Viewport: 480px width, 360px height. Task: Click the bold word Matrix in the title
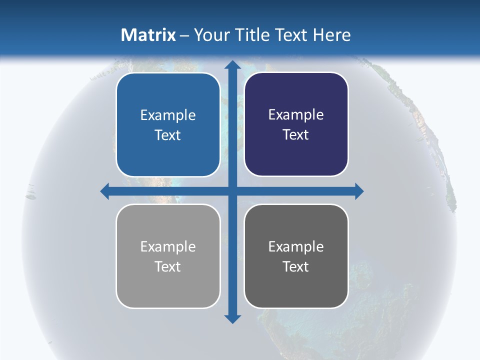pyautogui.click(x=148, y=35)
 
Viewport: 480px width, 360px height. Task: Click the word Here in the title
pyautogui.click(x=332, y=35)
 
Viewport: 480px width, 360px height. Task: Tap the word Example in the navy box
pyautogui.click(x=296, y=115)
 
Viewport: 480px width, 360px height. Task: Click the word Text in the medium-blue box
pyautogui.click(x=168, y=135)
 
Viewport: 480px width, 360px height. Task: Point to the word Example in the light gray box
pyautogui.click(x=168, y=246)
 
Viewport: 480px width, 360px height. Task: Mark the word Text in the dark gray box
pyautogui.click(x=296, y=267)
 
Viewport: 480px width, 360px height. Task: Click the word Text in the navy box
pyautogui.click(x=296, y=135)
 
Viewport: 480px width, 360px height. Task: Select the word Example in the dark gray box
pyautogui.click(x=296, y=246)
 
